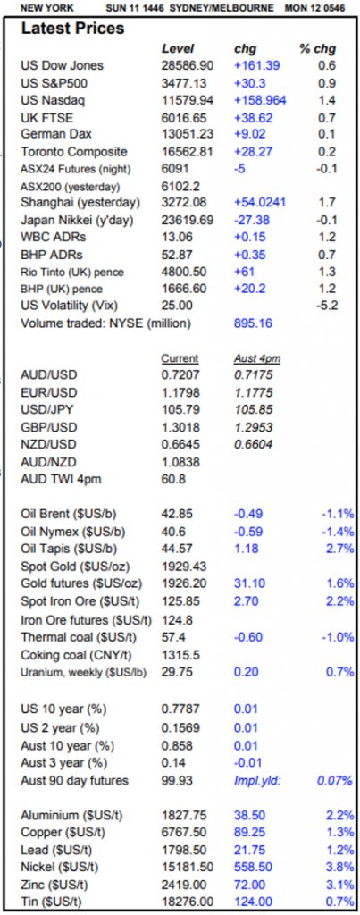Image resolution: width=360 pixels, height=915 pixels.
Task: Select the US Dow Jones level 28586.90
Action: click(x=188, y=65)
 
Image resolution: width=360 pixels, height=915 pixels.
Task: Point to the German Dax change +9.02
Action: click(x=251, y=135)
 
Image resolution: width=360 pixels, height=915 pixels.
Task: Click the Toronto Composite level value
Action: click(x=188, y=152)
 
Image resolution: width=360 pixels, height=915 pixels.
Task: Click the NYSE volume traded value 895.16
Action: click(x=253, y=323)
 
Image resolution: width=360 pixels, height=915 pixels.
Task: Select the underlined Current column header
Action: click(x=180, y=358)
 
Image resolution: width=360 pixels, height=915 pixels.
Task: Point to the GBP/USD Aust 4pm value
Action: click(x=253, y=427)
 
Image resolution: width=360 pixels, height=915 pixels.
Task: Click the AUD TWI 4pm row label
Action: click(x=57, y=479)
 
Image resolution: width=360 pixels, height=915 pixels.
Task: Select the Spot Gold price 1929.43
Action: click(x=183, y=566)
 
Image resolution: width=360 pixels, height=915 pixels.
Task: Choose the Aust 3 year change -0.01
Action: click(x=248, y=763)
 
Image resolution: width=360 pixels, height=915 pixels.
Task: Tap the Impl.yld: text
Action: click(x=257, y=781)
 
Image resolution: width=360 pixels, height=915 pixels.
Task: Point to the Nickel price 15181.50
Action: click(x=188, y=867)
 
